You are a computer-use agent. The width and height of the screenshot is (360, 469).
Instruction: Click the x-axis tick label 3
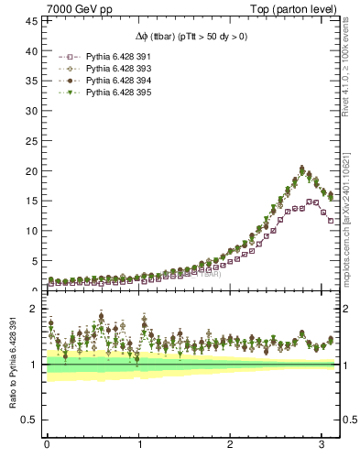click(322, 446)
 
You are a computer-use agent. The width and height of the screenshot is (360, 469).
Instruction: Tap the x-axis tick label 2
click(230, 446)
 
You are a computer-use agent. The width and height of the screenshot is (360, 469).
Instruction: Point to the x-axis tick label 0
click(47, 446)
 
